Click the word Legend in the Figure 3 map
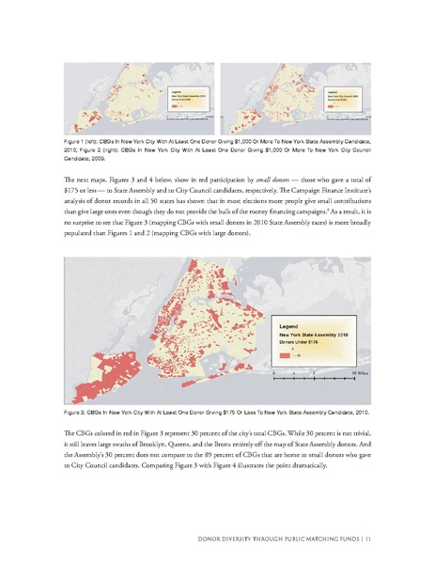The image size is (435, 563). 288,325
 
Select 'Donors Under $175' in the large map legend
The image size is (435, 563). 302,342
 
